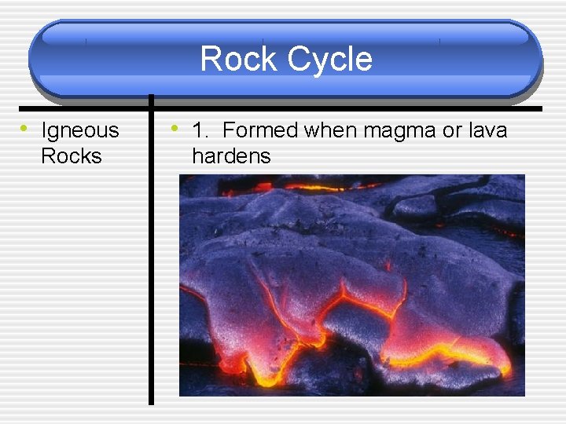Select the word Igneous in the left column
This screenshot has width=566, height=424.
point(79,130)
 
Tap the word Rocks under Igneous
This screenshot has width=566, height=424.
point(71,155)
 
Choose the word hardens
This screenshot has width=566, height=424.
point(230,155)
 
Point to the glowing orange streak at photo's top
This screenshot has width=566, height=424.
point(314,188)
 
